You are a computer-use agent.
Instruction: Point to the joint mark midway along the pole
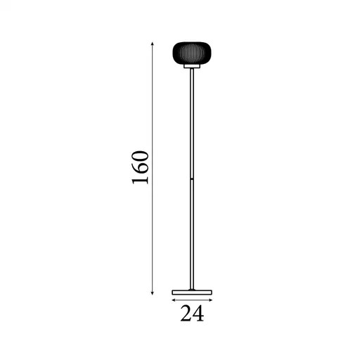[x=192, y=181]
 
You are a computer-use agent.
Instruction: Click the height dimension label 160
[x=140, y=167]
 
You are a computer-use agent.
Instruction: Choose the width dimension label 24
[x=192, y=314]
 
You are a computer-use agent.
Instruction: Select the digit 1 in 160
[x=140, y=181]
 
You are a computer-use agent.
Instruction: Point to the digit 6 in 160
[x=140, y=168]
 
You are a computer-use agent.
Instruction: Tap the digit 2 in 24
[x=186, y=314]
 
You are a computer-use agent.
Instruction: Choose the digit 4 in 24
[x=198, y=314]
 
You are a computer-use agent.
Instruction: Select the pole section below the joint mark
[x=192, y=236]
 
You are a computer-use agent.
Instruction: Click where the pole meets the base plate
[x=192, y=288]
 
